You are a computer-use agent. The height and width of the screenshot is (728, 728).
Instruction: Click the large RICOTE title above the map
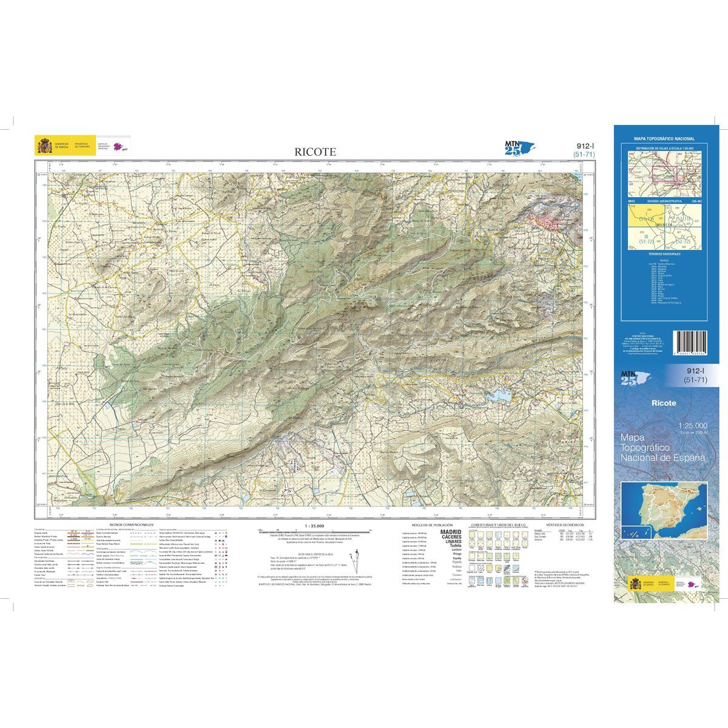(x=315, y=152)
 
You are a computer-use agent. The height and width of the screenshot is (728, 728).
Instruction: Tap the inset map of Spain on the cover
(x=664, y=509)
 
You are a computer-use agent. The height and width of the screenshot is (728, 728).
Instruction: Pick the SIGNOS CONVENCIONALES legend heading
(x=131, y=524)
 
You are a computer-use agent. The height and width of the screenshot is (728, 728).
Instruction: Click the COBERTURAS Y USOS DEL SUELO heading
(x=497, y=524)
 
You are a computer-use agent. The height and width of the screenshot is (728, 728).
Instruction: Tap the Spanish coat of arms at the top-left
(x=44, y=146)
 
